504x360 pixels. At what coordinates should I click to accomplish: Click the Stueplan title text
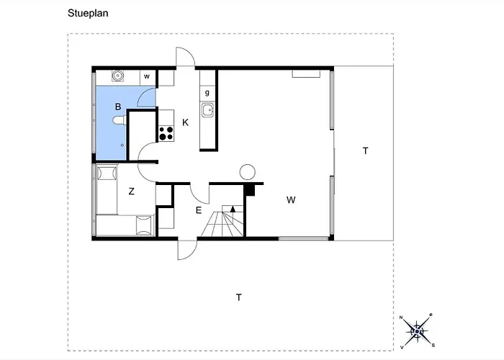coord(88,12)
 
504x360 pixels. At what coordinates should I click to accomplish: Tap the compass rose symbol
coord(416,330)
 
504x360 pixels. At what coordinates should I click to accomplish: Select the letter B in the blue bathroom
coord(117,107)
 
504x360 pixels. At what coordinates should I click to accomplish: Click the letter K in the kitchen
coord(185,123)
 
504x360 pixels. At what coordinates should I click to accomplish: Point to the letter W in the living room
coord(290,199)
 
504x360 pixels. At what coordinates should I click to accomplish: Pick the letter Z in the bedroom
coord(132,192)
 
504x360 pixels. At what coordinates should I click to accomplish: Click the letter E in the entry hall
coord(199,210)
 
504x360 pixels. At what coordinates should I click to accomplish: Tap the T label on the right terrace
coord(365,150)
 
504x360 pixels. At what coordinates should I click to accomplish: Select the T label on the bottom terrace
coord(238,297)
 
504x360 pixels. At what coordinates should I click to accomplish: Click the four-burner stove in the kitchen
coord(166,132)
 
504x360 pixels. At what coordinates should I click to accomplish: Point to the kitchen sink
coord(207,110)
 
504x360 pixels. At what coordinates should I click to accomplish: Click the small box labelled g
coord(207,93)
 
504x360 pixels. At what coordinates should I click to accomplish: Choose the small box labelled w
coord(147,76)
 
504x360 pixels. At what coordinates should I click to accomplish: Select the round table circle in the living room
coord(247,171)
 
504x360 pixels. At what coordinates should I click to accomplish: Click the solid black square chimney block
coord(251,189)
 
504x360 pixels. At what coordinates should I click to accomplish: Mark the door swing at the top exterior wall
coord(186,58)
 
